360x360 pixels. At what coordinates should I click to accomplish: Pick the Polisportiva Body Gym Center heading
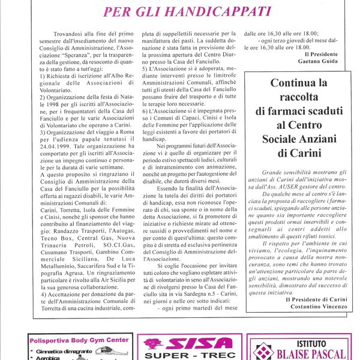(x=79, y=340)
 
